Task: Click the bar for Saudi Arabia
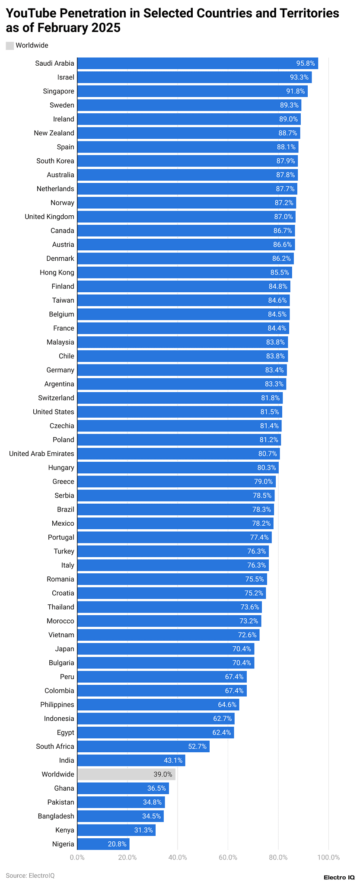click(x=197, y=63)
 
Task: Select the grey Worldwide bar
click(x=126, y=774)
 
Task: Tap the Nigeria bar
click(x=103, y=844)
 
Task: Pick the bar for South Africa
click(x=143, y=746)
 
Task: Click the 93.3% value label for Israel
click(x=299, y=77)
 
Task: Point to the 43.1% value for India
click(x=173, y=760)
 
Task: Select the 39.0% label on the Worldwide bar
click(x=162, y=774)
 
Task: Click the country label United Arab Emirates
click(x=41, y=454)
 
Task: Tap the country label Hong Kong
click(x=57, y=272)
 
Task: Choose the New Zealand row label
click(x=54, y=133)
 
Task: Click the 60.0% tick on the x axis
click(x=228, y=857)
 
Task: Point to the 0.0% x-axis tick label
click(x=77, y=857)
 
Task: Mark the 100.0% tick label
click(x=328, y=857)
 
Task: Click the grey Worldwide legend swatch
click(x=10, y=45)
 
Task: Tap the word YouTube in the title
click(x=31, y=13)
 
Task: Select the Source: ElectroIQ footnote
click(x=30, y=875)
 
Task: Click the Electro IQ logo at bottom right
click(x=339, y=877)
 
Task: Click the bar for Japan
click(x=166, y=649)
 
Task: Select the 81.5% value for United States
click(x=269, y=412)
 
